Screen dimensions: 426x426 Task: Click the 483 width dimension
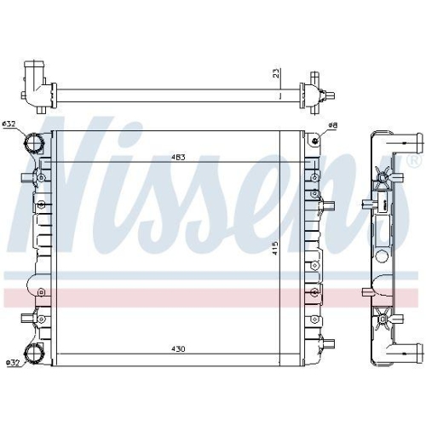tap(178, 158)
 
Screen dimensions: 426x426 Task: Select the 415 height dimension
tap(274, 248)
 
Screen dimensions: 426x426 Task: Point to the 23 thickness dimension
tap(275, 73)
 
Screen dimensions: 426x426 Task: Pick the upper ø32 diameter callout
tap(10, 125)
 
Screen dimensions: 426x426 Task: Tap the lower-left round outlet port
tap(36, 354)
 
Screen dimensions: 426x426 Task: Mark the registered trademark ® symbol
tap(414, 159)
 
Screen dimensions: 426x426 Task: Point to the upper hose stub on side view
tap(407, 141)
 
